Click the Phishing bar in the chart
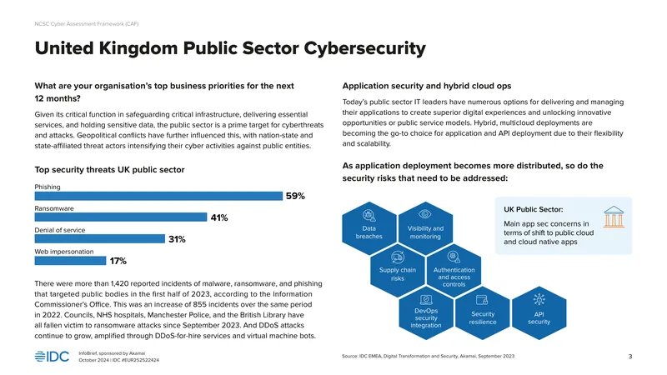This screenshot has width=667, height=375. pyautogui.click(x=158, y=196)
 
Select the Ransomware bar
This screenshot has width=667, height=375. pyautogui.click(x=121, y=217)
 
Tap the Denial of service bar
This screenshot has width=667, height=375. pyautogui.click(x=100, y=239)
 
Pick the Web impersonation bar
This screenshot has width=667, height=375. pyautogui.click(x=70, y=261)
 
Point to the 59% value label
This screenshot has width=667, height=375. pyautogui.click(x=295, y=196)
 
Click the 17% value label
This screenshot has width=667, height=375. pyautogui.click(x=118, y=261)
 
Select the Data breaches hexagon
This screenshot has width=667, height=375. pyautogui.click(x=369, y=228)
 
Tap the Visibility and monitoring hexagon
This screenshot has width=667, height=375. pyautogui.click(x=425, y=228)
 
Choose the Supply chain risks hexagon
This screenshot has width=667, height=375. pyautogui.click(x=398, y=270)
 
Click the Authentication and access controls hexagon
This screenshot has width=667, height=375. pyautogui.click(x=454, y=270)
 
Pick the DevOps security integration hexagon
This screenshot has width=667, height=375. pyautogui.click(x=426, y=313)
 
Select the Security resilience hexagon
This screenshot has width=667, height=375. pyautogui.click(x=483, y=313)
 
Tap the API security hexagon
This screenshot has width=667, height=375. pyautogui.click(x=539, y=313)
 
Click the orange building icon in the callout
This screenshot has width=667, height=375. pyautogui.click(x=614, y=217)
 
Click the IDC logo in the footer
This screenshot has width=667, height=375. pyautogui.click(x=52, y=357)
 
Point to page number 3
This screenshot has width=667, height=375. pyautogui.click(x=630, y=357)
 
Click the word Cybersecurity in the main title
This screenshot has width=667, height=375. pyautogui.click(x=364, y=48)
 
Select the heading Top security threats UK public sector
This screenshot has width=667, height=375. pyautogui.click(x=109, y=170)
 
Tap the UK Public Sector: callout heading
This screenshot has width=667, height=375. pyautogui.click(x=533, y=209)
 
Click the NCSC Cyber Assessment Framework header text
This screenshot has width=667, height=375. pyautogui.click(x=87, y=24)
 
